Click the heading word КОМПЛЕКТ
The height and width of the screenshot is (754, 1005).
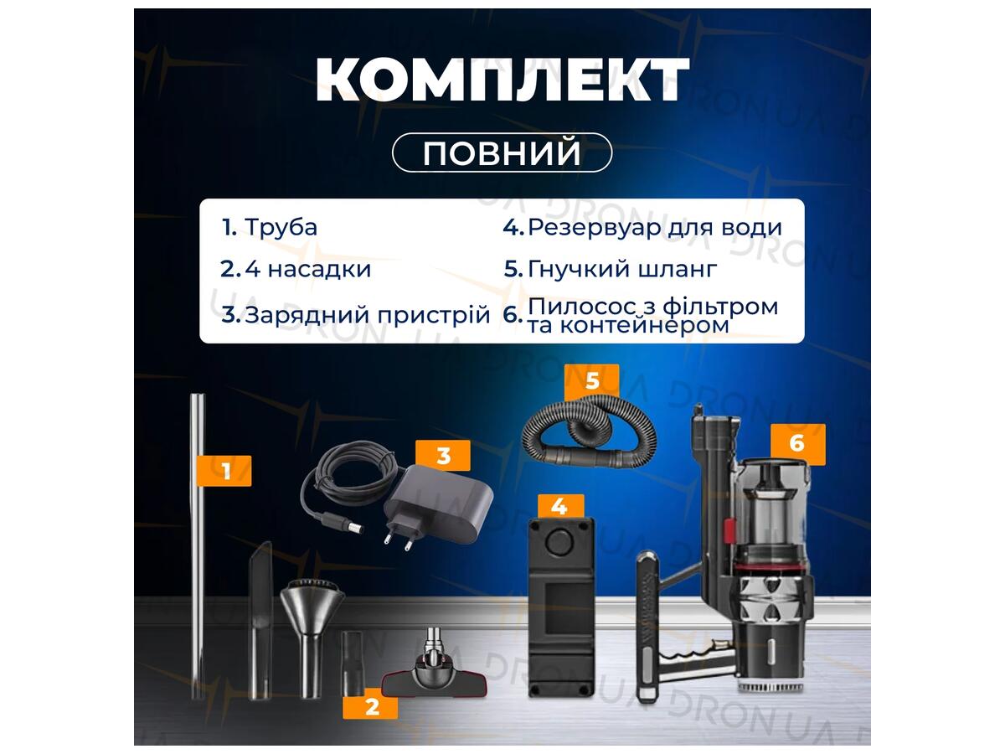(x=502, y=79)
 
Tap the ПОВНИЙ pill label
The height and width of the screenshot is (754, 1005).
(x=502, y=152)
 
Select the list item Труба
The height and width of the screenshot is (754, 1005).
(x=281, y=227)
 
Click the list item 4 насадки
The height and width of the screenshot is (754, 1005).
(x=307, y=269)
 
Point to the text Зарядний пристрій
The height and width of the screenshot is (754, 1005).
(x=367, y=315)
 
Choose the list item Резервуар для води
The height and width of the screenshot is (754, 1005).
(x=655, y=227)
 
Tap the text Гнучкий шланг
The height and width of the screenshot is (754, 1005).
(x=622, y=269)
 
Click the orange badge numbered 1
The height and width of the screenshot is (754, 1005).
(x=224, y=471)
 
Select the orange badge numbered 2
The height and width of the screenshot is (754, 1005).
(x=370, y=707)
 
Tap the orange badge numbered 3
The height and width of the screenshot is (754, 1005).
(x=443, y=456)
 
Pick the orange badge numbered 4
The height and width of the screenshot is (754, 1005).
(x=561, y=507)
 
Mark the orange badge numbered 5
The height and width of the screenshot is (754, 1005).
(x=591, y=380)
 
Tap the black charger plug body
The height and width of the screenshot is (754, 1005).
(x=439, y=504)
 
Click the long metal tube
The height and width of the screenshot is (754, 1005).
(x=198, y=545)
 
